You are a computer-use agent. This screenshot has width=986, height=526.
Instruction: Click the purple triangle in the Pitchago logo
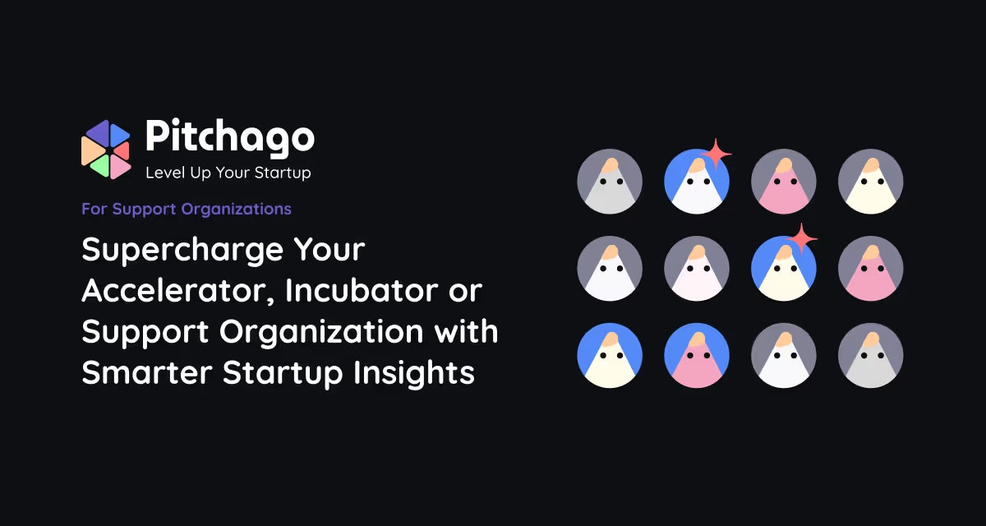tap(96, 133)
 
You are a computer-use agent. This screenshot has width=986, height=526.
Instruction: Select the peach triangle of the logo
tap(90, 150)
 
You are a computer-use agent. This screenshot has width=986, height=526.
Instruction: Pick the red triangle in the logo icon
tap(122, 150)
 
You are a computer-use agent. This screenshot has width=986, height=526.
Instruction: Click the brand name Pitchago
tap(229, 136)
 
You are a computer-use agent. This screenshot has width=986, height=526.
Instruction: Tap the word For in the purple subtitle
tap(93, 209)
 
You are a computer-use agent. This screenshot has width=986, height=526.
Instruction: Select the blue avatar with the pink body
tap(697, 355)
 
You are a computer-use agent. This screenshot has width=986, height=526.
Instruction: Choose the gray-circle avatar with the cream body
tap(871, 182)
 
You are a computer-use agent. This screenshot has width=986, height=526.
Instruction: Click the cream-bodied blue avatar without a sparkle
tap(610, 355)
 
